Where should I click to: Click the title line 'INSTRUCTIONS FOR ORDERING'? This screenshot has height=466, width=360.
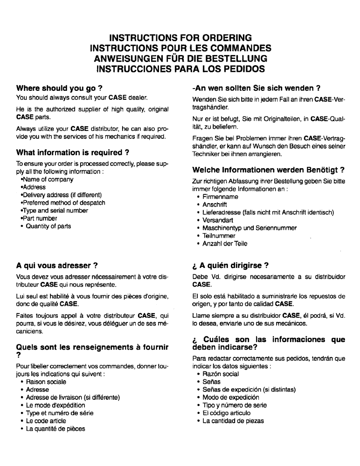[x=180, y=37]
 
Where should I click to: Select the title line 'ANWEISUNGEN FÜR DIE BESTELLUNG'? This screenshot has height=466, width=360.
[x=180, y=59]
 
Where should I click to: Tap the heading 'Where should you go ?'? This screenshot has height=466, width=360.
[x=59, y=88]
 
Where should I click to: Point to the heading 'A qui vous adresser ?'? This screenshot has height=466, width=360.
[x=56, y=266]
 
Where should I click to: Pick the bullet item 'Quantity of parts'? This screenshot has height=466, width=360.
[x=48, y=226]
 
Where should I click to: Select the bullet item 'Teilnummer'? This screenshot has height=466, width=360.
[x=220, y=236]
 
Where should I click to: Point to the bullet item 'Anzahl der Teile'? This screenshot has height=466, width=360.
[x=225, y=243]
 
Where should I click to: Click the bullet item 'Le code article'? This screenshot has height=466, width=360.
[x=47, y=421]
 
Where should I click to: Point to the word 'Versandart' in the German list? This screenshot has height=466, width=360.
[x=219, y=220]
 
